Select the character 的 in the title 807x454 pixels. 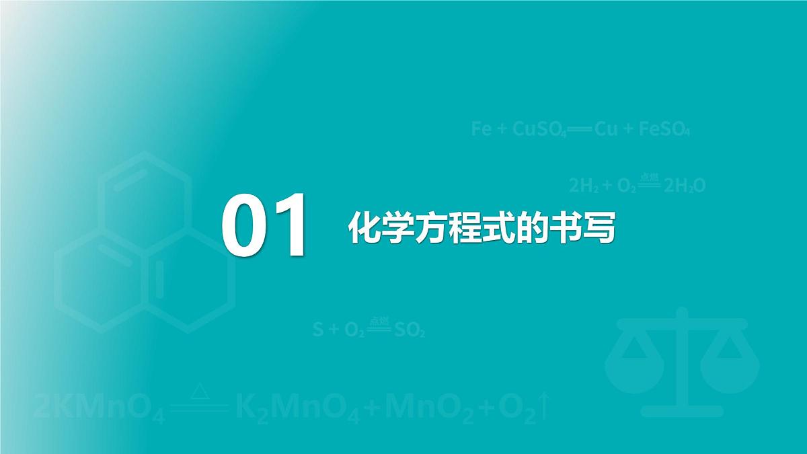(x=532, y=229)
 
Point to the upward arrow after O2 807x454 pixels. (x=545, y=407)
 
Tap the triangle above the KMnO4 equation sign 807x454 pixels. (x=199, y=390)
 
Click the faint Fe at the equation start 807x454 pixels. (x=481, y=129)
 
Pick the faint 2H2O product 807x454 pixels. (x=685, y=186)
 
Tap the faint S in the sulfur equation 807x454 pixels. (x=317, y=330)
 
